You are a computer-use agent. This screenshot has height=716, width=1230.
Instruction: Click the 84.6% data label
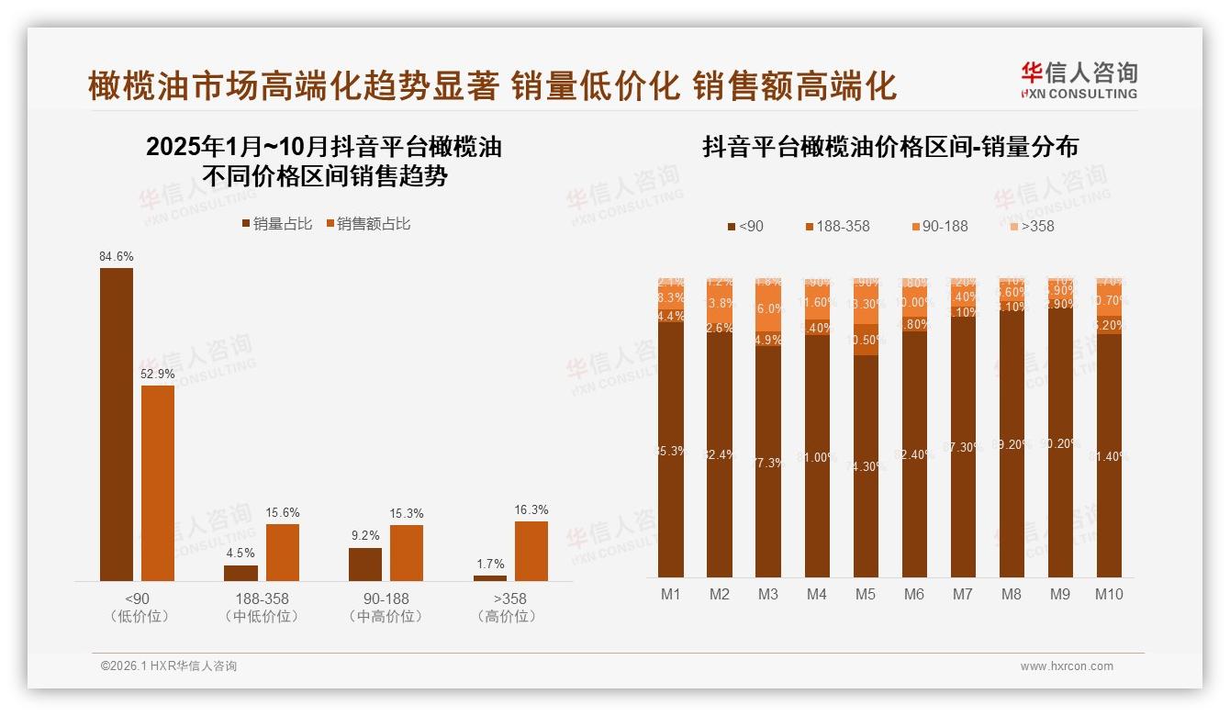(x=116, y=257)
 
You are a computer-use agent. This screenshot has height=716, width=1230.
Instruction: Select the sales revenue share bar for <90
(x=158, y=483)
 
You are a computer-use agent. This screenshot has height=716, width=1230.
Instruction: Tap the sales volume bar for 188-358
(x=240, y=573)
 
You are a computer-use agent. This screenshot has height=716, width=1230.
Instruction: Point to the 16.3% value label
(x=531, y=509)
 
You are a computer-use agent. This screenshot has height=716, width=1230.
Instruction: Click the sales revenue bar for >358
(x=531, y=551)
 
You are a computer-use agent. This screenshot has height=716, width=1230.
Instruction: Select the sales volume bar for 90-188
(x=365, y=564)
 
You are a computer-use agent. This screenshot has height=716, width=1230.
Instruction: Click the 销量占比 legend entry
(x=276, y=224)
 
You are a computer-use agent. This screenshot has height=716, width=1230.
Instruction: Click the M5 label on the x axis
(x=865, y=594)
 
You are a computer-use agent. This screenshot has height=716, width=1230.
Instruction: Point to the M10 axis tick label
(x=1109, y=594)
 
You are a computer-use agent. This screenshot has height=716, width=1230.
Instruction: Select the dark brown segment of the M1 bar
(x=671, y=450)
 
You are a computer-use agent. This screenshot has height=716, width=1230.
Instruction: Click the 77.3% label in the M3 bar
(x=768, y=463)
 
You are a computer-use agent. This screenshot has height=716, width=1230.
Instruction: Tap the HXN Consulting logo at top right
(x=1079, y=81)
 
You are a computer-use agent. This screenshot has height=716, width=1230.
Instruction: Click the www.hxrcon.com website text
(x=1067, y=666)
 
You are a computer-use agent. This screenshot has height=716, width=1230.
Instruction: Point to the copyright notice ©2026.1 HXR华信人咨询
(x=168, y=666)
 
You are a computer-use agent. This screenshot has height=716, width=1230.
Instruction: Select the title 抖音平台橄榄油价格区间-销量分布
(x=889, y=147)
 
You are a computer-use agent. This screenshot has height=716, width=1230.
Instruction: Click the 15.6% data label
(x=283, y=512)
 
